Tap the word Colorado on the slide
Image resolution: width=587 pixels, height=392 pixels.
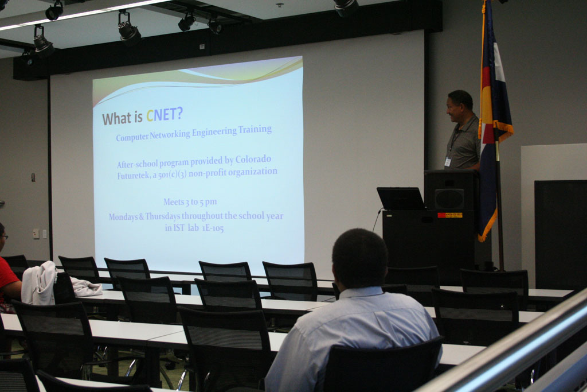253,160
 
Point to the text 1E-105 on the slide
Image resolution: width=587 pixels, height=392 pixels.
213,227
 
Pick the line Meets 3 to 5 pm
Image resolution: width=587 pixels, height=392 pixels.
190,202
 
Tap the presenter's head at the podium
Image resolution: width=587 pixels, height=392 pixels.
459,105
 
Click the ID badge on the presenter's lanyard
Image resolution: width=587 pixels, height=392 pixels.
448,162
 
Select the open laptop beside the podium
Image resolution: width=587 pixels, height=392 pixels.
401,199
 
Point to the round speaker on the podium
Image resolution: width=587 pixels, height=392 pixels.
449,199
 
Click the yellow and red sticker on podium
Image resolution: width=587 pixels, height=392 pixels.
450,215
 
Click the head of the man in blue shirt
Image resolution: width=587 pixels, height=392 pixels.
359,259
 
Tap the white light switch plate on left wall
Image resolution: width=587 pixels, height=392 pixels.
36,234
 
